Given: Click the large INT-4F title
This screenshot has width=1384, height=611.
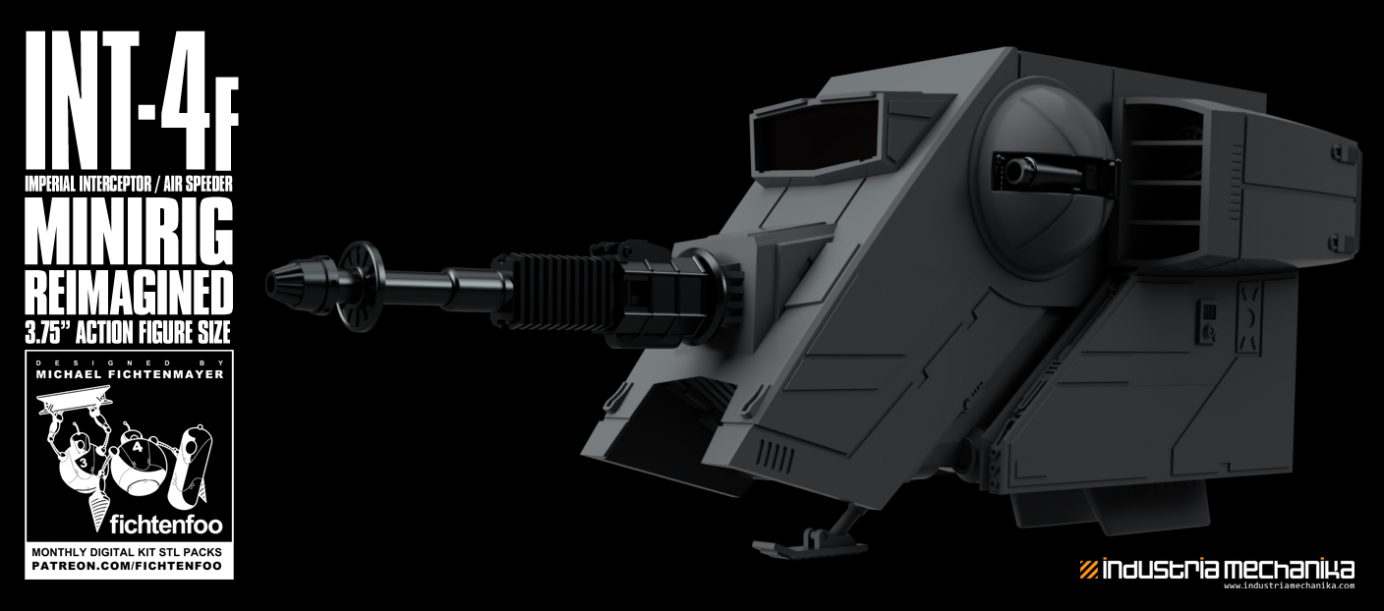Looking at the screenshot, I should pyautogui.click(x=128, y=103).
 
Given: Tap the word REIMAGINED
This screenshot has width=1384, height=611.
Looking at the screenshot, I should pyautogui.click(x=129, y=292).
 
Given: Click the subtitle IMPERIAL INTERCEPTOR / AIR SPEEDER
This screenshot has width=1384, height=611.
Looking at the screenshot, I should pyautogui.click(x=129, y=183).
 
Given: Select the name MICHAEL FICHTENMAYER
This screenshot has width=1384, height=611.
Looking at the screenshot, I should pyautogui.click(x=129, y=374).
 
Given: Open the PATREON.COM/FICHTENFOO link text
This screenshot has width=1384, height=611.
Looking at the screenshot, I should pyautogui.click(x=129, y=567).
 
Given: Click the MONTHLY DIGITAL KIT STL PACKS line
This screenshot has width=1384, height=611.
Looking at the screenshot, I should pyautogui.click(x=129, y=552).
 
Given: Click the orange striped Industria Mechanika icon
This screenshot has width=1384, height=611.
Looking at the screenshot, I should pyautogui.click(x=1088, y=569).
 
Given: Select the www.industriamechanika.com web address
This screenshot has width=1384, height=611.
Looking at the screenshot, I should pyautogui.click(x=1289, y=585).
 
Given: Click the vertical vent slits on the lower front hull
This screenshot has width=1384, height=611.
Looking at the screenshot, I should pyautogui.click(x=778, y=456).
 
